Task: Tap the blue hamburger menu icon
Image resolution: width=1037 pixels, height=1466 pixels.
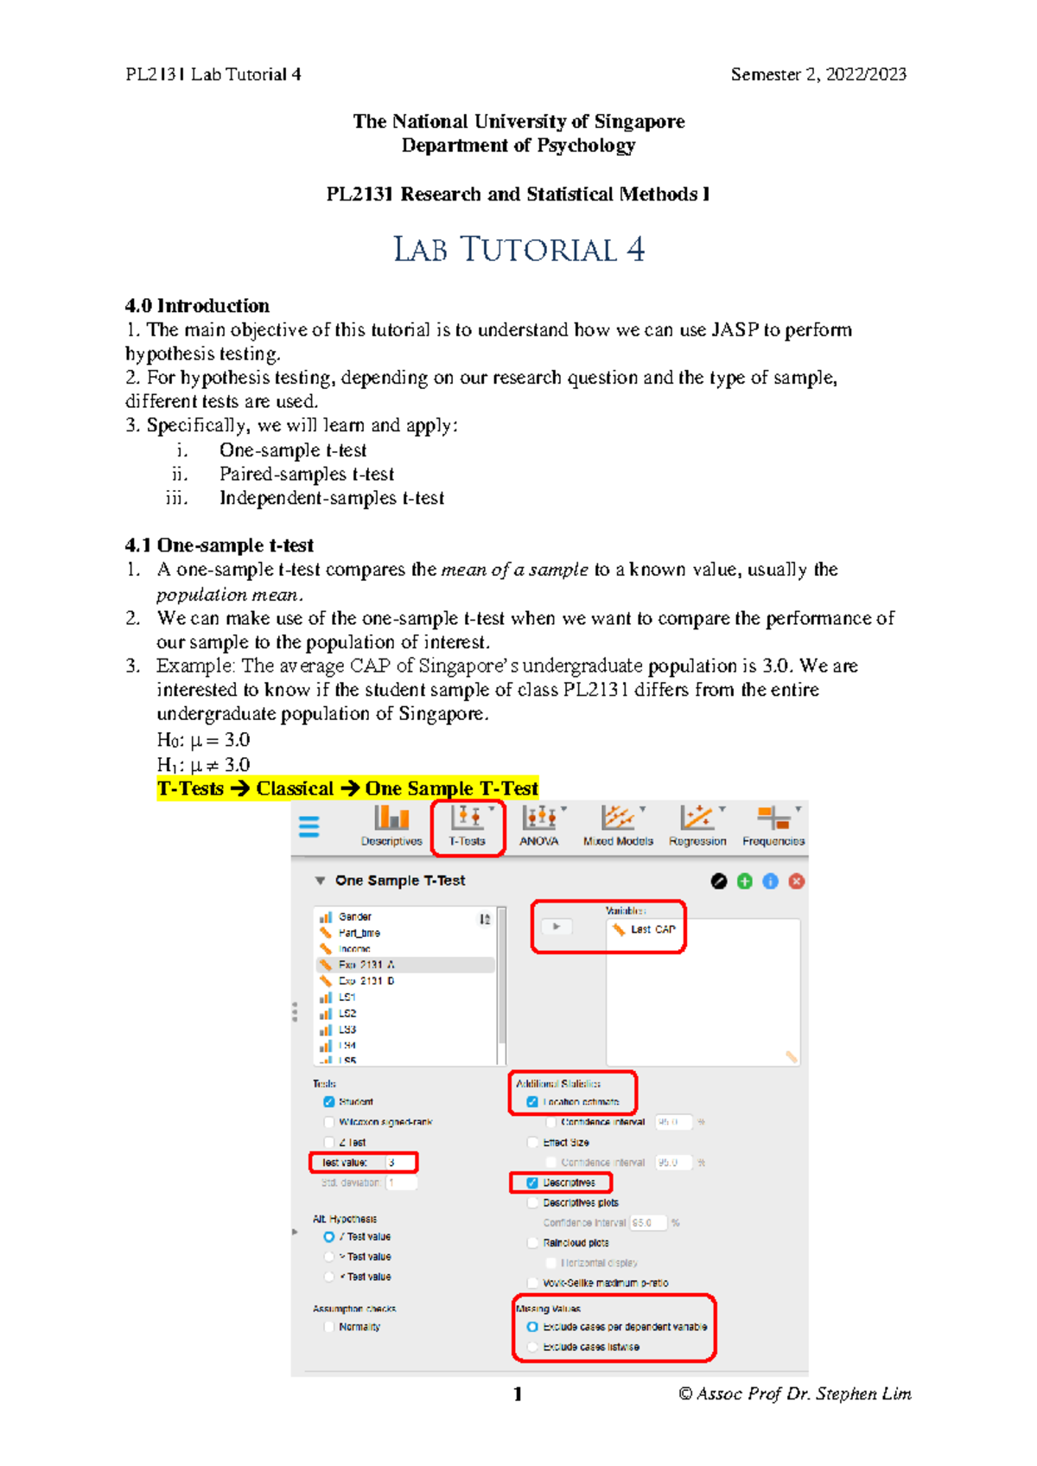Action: [x=309, y=826]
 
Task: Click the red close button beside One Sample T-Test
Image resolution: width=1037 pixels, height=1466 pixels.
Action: [x=797, y=881]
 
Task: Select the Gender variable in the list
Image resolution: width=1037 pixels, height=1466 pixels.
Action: [x=355, y=916]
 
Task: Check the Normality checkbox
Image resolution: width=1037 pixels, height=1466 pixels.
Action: [x=328, y=1327]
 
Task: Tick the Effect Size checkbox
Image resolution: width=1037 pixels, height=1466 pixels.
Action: [x=532, y=1142]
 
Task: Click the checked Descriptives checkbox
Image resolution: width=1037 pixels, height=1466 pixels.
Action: [x=532, y=1182]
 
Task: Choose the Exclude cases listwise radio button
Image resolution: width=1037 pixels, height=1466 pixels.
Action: [x=532, y=1347]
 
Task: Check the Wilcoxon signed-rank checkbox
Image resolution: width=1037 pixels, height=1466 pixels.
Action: [x=328, y=1122]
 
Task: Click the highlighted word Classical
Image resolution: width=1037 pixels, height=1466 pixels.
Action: [x=294, y=788]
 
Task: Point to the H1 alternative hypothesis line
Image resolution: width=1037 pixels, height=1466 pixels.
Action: [x=203, y=764]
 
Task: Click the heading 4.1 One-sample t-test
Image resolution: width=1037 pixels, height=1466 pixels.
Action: [x=219, y=545]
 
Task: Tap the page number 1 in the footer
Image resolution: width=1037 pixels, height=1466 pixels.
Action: [x=517, y=1393]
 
